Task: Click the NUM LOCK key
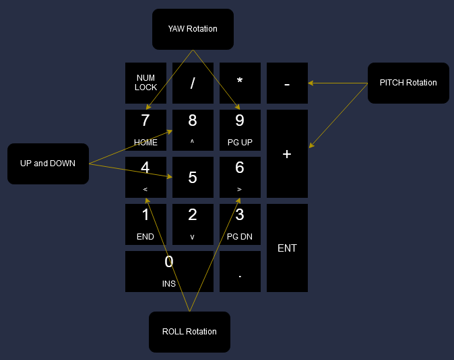tap(145, 83)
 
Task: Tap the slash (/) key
tap(193, 83)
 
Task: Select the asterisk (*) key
tap(240, 83)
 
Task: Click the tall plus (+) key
tap(287, 153)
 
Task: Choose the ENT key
tap(287, 248)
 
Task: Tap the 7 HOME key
tap(145, 130)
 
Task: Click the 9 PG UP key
tap(240, 130)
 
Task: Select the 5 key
tap(193, 177)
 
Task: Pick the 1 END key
tap(145, 224)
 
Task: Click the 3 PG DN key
tap(240, 224)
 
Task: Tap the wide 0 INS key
tap(169, 271)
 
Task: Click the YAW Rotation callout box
tap(193, 29)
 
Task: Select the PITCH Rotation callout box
tap(408, 83)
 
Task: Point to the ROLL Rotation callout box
tap(189, 332)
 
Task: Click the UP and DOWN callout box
tap(48, 164)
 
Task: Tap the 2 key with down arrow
tap(193, 224)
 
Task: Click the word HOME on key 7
tap(145, 143)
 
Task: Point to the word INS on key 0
tap(169, 284)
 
